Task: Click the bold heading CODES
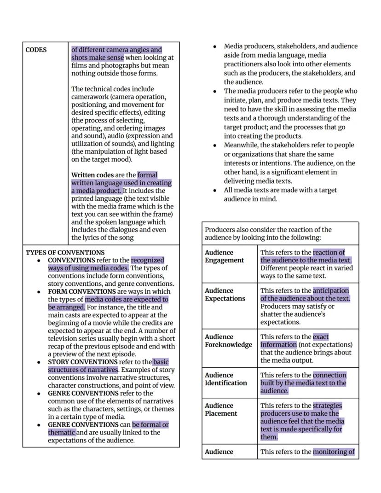pyautogui.click(x=36, y=50)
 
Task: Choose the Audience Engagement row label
pyautogui.click(x=224, y=256)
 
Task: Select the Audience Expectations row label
pyautogui.click(x=225, y=295)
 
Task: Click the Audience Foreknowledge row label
pyautogui.click(x=228, y=341)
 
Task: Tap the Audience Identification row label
pyautogui.click(x=225, y=379)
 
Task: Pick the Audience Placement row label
pyautogui.click(x=221, y=409)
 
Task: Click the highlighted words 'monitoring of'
pyautogui.click(x=334, y=452)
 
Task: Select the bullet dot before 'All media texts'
pyautogui.click(x=215, y=191)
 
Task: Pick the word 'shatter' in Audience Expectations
pyautogui.click(x=272, y=314)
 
